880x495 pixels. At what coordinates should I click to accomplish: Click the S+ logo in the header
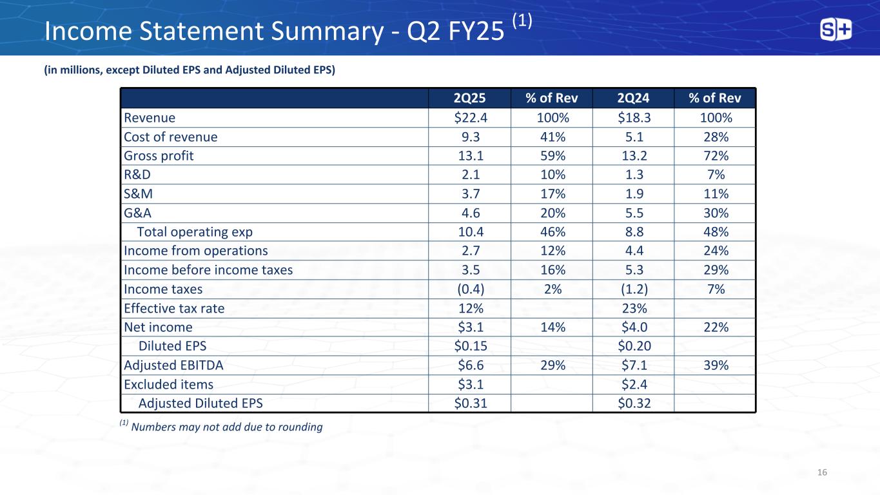click(x=836, y=30)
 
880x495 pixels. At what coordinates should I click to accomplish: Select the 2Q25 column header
click(x=469, y=98)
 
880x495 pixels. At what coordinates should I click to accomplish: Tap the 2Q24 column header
click(x=633, y=98)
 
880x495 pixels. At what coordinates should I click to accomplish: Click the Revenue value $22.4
click(x=471, y=117)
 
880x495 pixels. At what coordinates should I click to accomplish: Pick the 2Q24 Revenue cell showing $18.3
click(x=634, y=117)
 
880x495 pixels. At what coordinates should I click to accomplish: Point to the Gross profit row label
click(x=159, y=156)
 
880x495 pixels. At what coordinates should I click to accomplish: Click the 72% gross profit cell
click(x=716, y=156)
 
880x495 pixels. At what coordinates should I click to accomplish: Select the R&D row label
click(x=137, y=175)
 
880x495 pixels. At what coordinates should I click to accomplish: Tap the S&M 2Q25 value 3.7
click(x=471, y=193)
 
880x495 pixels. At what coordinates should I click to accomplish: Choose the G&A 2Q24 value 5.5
click(x=634, y=213)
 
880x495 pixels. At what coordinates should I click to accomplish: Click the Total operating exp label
click(x=195, y=232)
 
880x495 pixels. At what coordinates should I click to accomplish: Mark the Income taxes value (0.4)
click(x=471, y=289)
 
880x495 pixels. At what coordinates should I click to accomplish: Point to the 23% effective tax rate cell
click(x=634, y=308)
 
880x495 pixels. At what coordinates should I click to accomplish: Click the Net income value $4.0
click(x=634, y=327)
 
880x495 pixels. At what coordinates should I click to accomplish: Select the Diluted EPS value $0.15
click(x=471, y=345)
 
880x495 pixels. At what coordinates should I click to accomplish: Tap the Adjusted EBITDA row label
click(x=173, y=365)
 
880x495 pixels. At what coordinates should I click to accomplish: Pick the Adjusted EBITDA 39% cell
click(x=716, y=365)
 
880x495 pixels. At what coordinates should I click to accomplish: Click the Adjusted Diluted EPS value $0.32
click(x=634, y=403)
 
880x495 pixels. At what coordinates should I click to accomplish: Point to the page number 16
click(x=822, y=472)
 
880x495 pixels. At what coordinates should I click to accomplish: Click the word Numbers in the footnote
click(x=153, y=427)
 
